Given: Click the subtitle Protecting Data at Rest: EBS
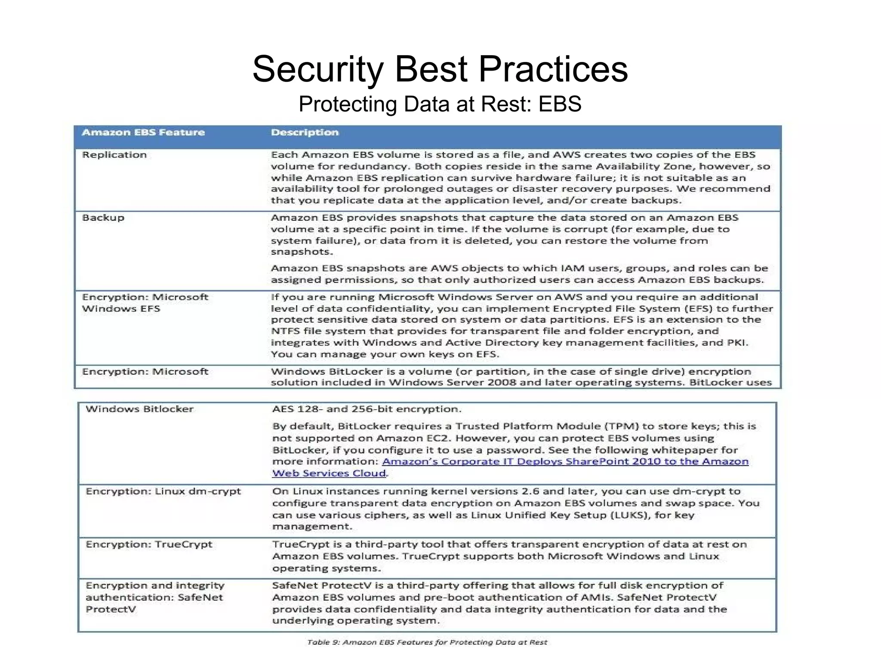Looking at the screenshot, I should [x=440, y=104].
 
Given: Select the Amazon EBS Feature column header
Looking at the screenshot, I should [x=143, y=133].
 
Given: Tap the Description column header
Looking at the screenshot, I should [x=305, y=133].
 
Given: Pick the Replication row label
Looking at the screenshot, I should [x=114, y=155].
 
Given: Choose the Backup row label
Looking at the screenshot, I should [x=103, y=218].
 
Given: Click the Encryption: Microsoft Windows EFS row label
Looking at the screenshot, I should [x=145, y=303].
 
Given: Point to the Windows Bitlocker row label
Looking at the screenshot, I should [x=139, y=409].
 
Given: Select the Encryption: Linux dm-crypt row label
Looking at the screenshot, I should [x=163, y=491].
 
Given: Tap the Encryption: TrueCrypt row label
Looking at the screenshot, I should [x=149, y=544].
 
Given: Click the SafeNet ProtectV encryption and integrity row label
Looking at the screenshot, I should [x=154, y=597].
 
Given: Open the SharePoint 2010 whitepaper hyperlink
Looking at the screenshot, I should [x=565, y=462].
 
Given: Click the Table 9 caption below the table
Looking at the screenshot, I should [x=427, y=642].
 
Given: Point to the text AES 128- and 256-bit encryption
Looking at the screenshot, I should [x=367, y=409].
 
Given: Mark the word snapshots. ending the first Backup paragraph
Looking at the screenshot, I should [x=302, y=252].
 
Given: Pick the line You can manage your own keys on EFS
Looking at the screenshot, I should [x=385, y=355].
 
